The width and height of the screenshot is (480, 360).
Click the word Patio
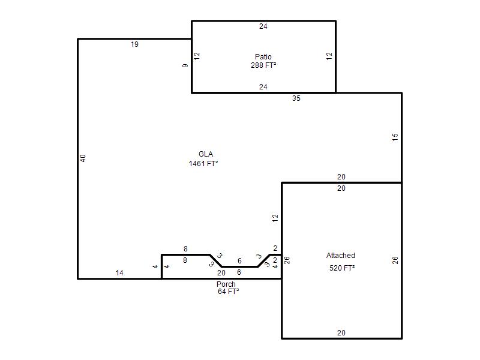pyautogui.click(x=263, y=56)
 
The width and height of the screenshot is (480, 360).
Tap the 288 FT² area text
pyautogui.click(x=263, y=65)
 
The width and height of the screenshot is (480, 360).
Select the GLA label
pyautogui.click(x=206, y=154)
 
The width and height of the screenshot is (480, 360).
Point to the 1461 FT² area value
pyautogui.click(x=203, y=164)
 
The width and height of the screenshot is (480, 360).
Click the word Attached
pyautogui.click(x=341, y=256)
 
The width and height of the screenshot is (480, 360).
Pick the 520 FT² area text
pyautogui.click(x=342, y=268)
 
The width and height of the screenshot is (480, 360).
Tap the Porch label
pyautogui.click(x=226, y=284)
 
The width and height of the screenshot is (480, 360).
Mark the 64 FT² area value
pyautogui.click(x=228, y=292)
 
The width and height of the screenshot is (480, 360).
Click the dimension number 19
pyautogui.click(x=134, y=44)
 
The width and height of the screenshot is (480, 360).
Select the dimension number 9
pyautogui.click(x=185, y=65)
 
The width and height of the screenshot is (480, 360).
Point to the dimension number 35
pyautogui.click(x=296, y=98)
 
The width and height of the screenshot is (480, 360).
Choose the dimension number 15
pyautogui.click(x=395, y=137)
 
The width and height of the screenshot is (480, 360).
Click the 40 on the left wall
pyautogui.click(x=83, y=158)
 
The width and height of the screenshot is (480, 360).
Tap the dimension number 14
pyautogui.click(x=119, y=273)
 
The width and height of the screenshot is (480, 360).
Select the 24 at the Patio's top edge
pyautogui.click(x=263, y=26)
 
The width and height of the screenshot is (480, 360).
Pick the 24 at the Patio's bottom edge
pyautogui.click(x=263, y=87)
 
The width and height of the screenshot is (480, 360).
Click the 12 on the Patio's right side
pyautogui.click(x=329, y=56)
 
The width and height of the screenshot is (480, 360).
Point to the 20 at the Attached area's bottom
pyautogui.click(x=341, y=333)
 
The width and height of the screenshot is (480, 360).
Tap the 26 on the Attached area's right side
pyautogui.click(x=395, y=260)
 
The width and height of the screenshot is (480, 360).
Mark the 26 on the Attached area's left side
pyautogui.click(x=286, y=260)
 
